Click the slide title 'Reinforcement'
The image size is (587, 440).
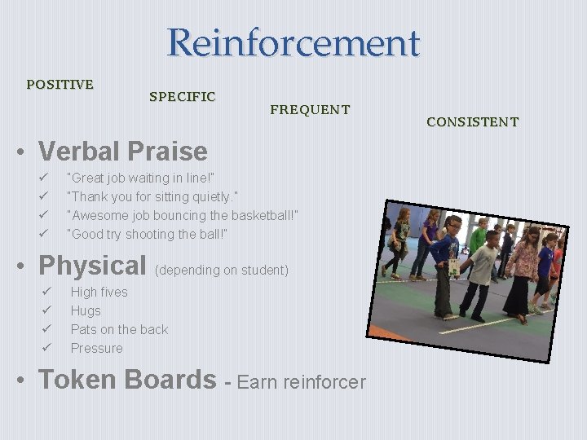point(293,42)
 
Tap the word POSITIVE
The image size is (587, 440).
point(60,84)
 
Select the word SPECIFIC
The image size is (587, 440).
point(182,96)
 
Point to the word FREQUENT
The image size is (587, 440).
point(310,109)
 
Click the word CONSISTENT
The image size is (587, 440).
point(472,122)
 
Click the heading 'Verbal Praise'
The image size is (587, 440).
point(122,152)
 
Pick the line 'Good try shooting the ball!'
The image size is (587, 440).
point(147,234)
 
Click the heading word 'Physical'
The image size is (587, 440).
point(92,266)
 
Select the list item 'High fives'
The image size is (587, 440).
point(99,292)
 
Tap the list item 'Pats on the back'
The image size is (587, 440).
point(119,329)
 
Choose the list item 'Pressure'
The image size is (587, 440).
point(96,348)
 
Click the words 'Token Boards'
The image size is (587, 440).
point(127,380)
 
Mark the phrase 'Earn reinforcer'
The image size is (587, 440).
point(302,382)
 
